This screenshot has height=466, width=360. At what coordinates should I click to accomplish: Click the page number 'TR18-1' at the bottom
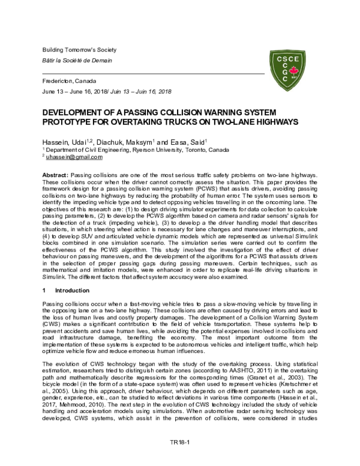[x=179, y=460]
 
